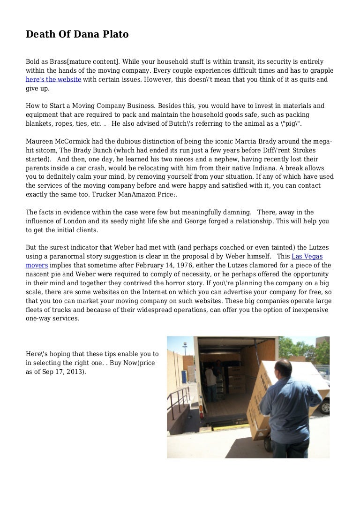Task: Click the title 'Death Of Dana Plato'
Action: click(x=77, y=34)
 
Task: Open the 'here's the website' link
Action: click(x=53, y=79)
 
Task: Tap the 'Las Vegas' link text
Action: click(x=307, y=256)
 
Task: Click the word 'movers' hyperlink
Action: click(x=37, y=265)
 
